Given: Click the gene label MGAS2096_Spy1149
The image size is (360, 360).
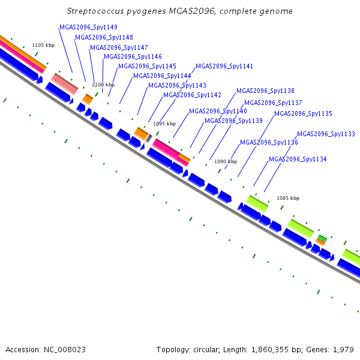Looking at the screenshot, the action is (88, 28).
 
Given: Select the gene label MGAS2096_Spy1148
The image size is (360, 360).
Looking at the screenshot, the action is (104, 37).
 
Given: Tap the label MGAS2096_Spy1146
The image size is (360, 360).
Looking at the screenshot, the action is (133, 56).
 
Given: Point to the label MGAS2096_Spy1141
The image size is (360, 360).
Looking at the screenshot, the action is (224, 67).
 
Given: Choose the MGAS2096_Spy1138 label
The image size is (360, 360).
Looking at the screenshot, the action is (265, 91).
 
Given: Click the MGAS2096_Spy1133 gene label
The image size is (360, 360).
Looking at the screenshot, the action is (326, 134).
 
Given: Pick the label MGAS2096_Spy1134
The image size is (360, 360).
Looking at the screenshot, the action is (298, 159).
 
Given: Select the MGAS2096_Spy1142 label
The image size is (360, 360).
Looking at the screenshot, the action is (192, 95).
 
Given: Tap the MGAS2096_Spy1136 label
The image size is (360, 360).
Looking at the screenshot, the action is (269, 143).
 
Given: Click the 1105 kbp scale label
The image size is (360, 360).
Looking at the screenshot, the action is (43, 45).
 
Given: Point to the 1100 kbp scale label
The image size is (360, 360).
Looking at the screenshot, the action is (103, 85).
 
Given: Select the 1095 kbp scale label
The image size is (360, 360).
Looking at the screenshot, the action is (164, 124).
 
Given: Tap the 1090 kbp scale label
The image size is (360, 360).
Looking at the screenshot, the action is (226, 161).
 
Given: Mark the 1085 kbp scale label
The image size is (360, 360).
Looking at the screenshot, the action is (288, 198).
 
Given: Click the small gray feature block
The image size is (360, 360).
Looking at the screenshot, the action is (149, 138).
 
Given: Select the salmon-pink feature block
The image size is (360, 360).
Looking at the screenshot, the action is (65, 84).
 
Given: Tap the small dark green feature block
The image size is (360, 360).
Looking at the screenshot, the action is (322, 238).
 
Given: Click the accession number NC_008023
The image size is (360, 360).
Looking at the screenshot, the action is (65, 350).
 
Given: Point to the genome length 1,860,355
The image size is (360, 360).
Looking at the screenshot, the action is (270, 350).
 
